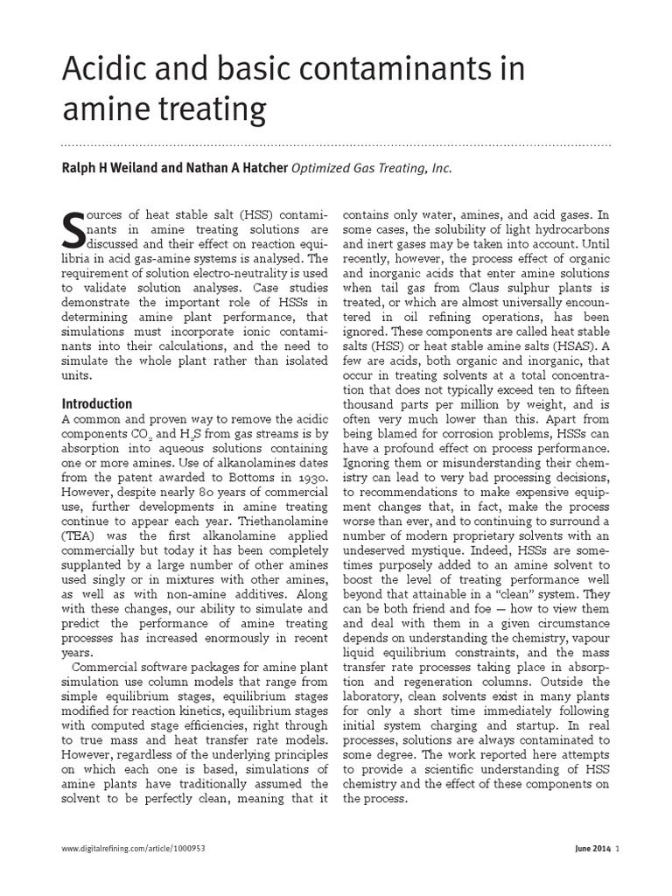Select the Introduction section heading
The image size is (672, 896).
(96, 404)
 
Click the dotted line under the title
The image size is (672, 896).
(336, 143)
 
